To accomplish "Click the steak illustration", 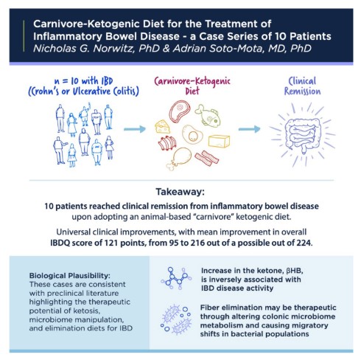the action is (x=179, y=111).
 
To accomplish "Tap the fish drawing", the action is (x=208, y=116).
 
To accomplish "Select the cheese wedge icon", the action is (x=162, y=126).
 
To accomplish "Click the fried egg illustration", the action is (x=192, y=134).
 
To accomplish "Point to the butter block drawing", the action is (x=219, y=141).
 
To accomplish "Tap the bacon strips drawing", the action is (x=207, y=158).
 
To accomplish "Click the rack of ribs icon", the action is (x=167, y=143).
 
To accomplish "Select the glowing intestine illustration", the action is (x=302, y=135).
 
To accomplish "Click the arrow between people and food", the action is (x=135, y=129).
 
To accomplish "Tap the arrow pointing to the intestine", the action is (x=249, y=129).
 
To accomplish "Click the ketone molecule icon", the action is (x=176, y=278).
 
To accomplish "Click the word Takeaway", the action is (x=180, y=192).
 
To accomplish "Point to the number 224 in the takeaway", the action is (x=304, y=243).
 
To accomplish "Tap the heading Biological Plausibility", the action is (x=70, y=276).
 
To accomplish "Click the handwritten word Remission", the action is (x=302, y=91).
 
